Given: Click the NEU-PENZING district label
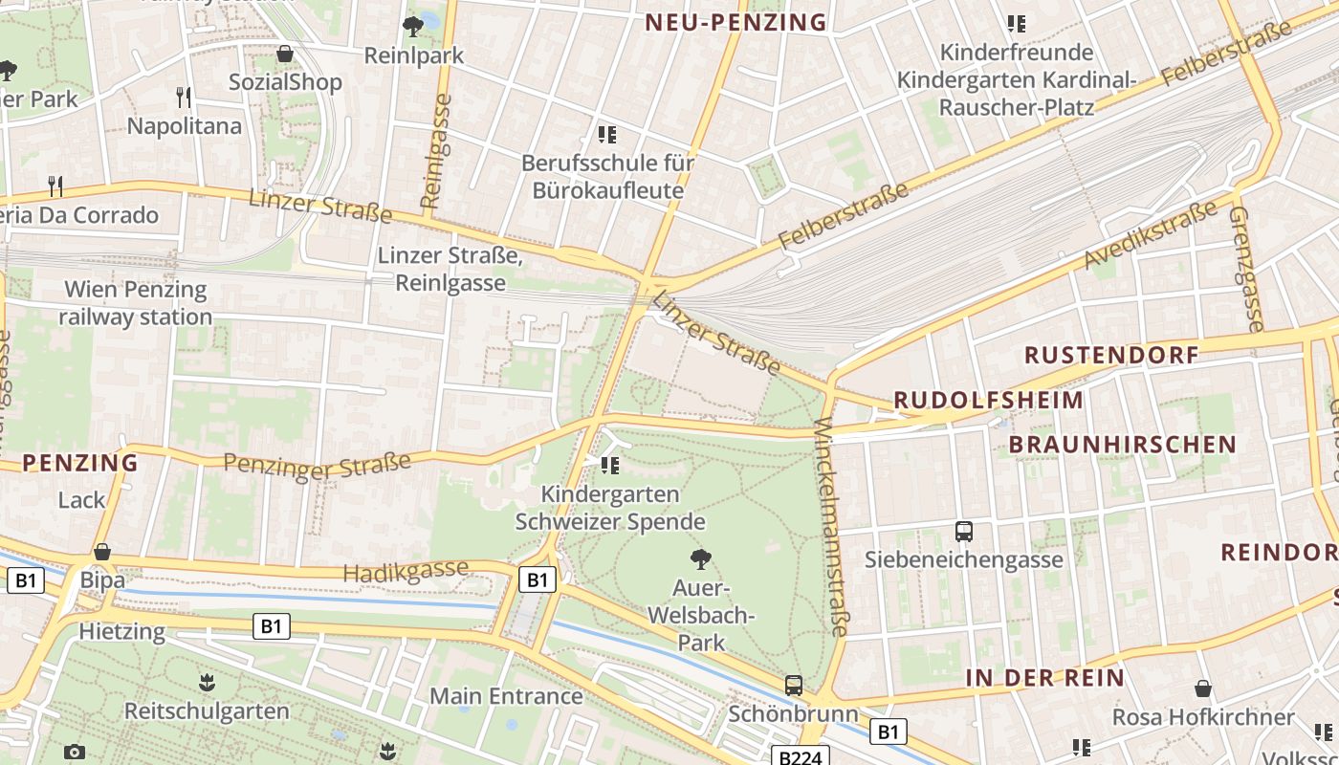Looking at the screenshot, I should [x=735, y=23].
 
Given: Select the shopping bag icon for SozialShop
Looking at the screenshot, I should [x=284, y=54].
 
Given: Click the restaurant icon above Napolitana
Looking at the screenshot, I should [x=184, y=97].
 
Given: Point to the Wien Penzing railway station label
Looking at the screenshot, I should [x=135, y=303].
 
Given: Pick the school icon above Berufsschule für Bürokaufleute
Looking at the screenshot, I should [x=607, y=134].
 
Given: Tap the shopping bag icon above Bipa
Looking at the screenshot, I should [x=102, y=552].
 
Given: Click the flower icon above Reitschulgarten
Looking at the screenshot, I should [x=207, y=683].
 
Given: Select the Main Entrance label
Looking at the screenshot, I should [x=506, y=696].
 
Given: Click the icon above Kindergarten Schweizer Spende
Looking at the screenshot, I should [x=610, y=466].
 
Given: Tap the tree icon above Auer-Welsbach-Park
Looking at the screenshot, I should [x=701, y=558].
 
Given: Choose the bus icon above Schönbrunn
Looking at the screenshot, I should [x=793, y=685].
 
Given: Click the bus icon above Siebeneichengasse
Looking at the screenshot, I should [x=964, y=531].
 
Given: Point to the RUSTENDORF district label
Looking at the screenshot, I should [x=1111, y=355].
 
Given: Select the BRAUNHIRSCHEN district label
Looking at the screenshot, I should [x=1123, y=445].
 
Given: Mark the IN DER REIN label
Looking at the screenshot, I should [x=1044, y=678].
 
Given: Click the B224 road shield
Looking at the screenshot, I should [x=799, y=757].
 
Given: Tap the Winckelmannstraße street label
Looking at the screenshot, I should [x=830, y=526].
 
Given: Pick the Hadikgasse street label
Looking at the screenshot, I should [x=406, y=571].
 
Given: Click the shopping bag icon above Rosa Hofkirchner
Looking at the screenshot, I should [x=1203, y=688].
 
